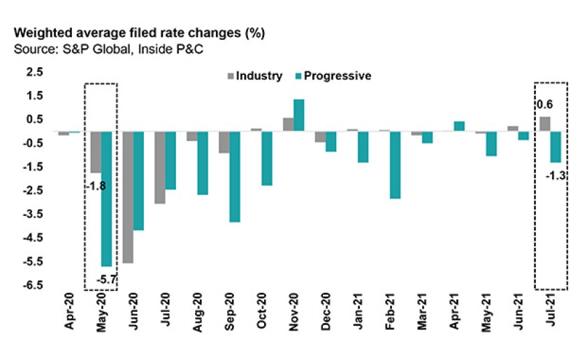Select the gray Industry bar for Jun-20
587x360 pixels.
point(128,197)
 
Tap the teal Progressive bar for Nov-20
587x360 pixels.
point(298,115)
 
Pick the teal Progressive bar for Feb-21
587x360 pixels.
point(395,164)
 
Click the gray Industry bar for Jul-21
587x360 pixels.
point(544,124)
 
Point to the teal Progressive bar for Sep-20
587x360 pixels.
point(235,176)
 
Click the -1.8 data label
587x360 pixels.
point(96,187)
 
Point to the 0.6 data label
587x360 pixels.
point(544,105)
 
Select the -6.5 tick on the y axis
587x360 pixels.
point(34,286)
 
